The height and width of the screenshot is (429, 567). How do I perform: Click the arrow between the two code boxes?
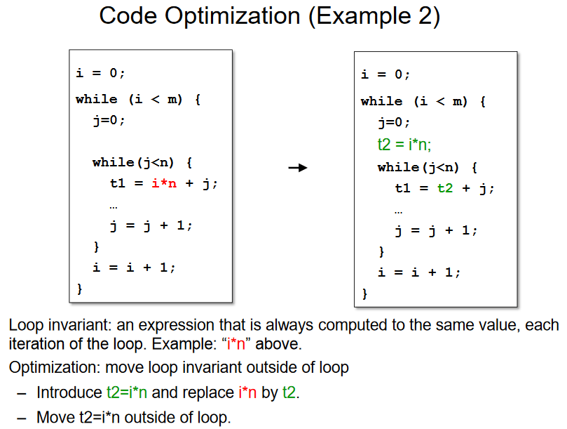coord(298,168)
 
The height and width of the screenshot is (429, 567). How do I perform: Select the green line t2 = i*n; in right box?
coord(404,145)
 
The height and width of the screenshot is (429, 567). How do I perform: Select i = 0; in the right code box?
coord(385,75)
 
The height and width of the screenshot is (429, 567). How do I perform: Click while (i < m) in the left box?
coord(137,99)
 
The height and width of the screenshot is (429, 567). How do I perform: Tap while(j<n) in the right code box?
coord(427,167)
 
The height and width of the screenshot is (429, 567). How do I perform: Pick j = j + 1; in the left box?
coord(150,225)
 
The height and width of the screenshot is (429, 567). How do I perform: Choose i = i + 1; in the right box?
coord(419,272)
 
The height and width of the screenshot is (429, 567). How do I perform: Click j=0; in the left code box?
coord(109,120)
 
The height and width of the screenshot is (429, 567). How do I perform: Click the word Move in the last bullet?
coord(52,418)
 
